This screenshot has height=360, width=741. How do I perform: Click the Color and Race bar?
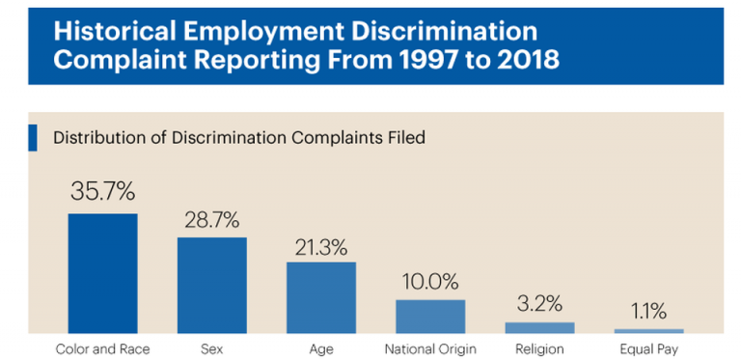point(102,273)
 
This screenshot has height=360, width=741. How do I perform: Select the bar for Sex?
point(211,285)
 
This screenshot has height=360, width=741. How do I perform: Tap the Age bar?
point(320,297)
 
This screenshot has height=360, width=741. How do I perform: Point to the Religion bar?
point(539,328)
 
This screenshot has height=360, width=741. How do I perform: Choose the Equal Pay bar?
point(648,331)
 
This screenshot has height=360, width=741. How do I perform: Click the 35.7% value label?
point(102,191)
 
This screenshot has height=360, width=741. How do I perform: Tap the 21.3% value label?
point(320,245)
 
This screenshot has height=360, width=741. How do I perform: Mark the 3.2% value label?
point(539,304)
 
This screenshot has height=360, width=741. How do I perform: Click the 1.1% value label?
point(648,311)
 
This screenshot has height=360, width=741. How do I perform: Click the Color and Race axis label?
point(102,348)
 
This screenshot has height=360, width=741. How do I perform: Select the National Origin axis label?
point(430,348)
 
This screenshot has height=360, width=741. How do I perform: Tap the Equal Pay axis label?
point(648,348)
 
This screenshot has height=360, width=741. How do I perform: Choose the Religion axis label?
point(539,348)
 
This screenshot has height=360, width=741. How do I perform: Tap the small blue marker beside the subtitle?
point(33,137)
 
